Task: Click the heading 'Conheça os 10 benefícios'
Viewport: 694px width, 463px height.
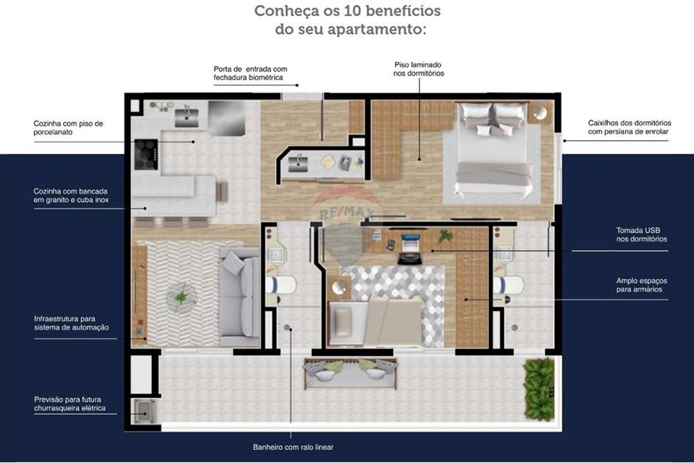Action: [x=347, y=12]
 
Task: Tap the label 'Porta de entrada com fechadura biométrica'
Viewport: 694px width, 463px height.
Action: [x=250, y=74]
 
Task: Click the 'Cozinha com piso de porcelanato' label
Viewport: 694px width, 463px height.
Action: [x=68, y=128]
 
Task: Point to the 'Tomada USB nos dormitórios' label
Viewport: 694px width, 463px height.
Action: [x=641, y=235]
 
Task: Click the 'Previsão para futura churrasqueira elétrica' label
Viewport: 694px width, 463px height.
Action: [x=70, y=404]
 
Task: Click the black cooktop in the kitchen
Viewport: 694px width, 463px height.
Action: [x=146, y=154]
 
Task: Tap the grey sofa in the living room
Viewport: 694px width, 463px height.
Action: [x=238, y=296]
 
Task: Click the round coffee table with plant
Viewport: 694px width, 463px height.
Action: [x=181, y=297]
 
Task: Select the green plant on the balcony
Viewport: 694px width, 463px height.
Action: [x=539, y=388]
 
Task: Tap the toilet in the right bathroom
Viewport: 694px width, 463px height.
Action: [x=509, y=285]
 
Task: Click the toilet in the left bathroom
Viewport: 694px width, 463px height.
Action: [x=281, y=285]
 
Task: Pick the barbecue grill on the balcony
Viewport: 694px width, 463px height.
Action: [x=144, y=410]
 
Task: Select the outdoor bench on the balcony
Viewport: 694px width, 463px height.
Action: [x=350, y=373]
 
